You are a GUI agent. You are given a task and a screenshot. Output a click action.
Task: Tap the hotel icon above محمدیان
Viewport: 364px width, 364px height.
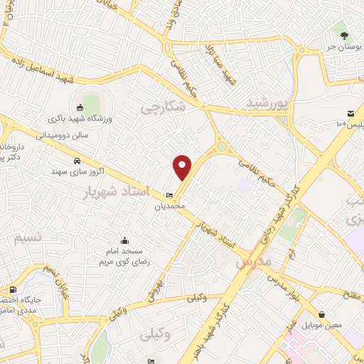169,196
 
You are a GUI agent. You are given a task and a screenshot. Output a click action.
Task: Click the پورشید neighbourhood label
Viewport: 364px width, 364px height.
269,104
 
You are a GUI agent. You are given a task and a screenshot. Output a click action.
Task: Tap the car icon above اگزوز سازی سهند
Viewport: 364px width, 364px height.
76,160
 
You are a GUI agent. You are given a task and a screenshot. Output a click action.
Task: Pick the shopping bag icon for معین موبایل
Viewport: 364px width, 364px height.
322,314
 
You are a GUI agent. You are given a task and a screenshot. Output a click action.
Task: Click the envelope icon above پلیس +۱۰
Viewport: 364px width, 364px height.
350,114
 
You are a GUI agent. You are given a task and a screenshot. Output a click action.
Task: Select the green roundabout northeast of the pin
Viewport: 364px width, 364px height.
223,147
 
